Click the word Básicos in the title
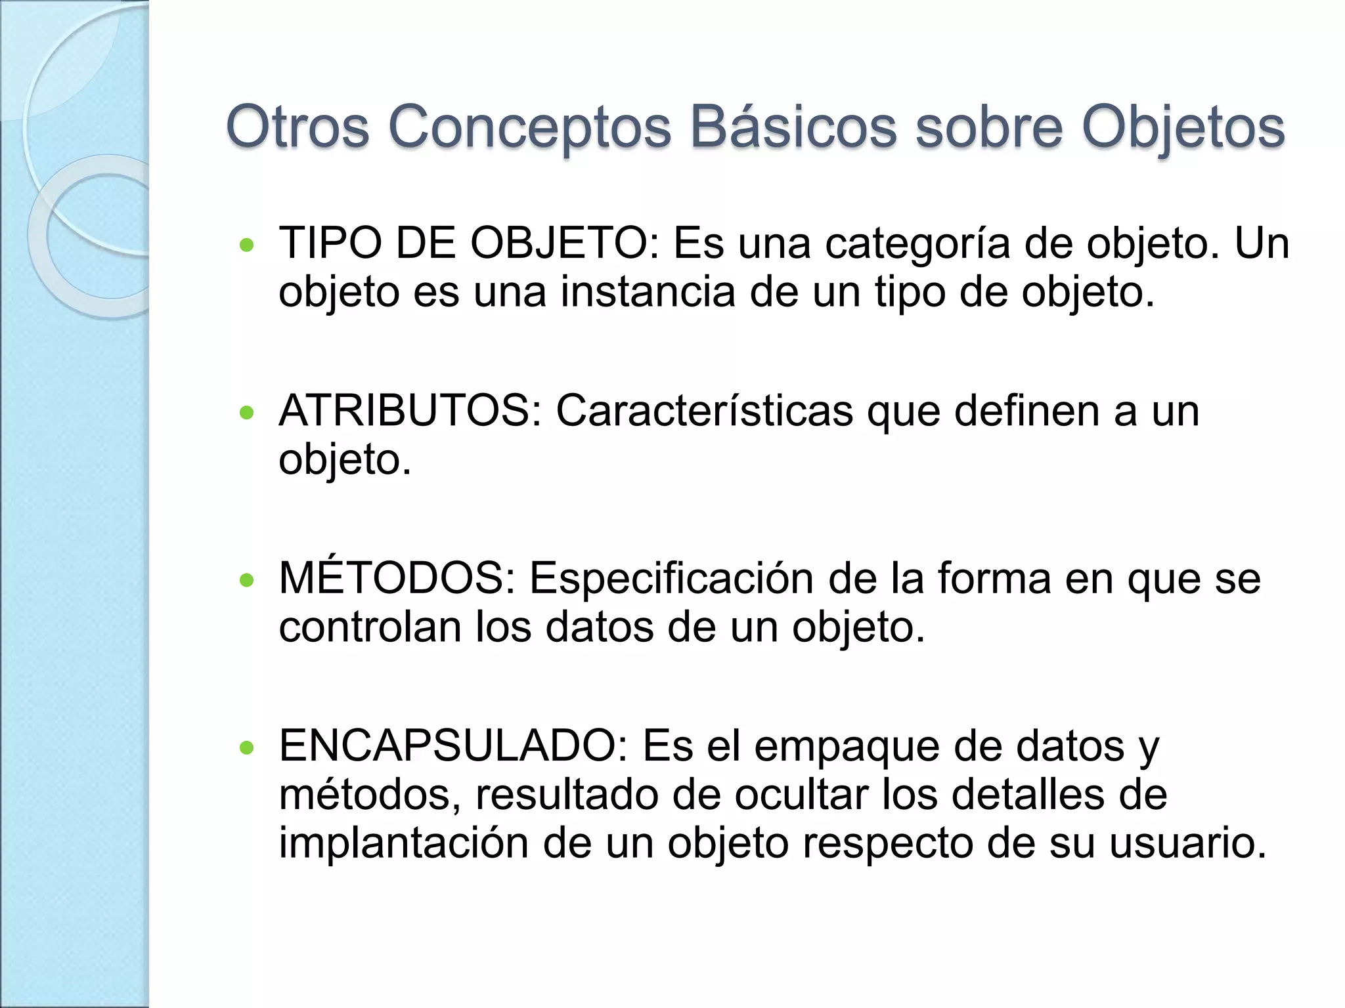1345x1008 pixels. pyautogui.click(x=793, y=127)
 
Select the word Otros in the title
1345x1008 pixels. pyautogui.click(x=298, y=127)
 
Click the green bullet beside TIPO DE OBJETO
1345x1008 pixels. pyautogui.click(x=247, y=245)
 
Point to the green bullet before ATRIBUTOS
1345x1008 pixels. pyautogui.click(x=247, y=413)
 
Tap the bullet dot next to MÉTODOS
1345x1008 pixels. pyautogui.click(x=247, y=580)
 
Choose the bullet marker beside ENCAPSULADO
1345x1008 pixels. pyautogui.click(x=247, y=747)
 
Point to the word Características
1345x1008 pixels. pyautogui.click(x=704, y=411)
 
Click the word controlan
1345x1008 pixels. pyautogui.click(x=370, y=627)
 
